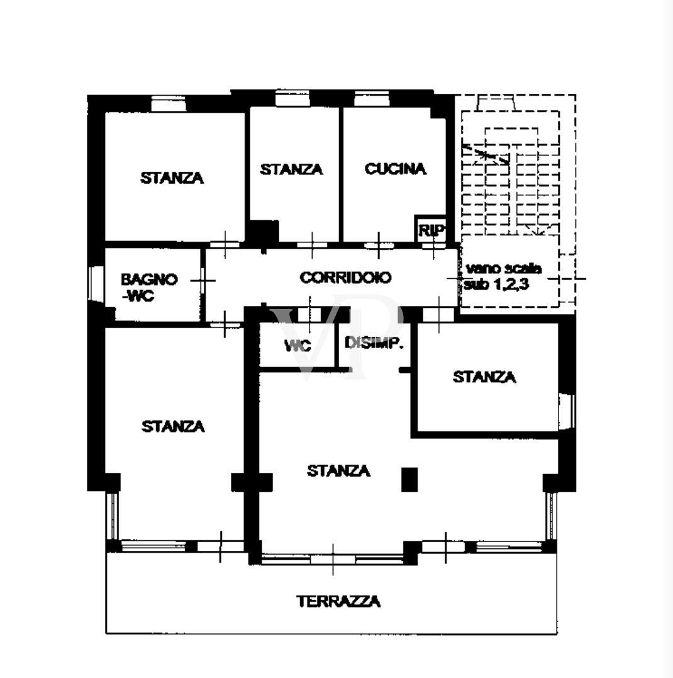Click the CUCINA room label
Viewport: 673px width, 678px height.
coord(395,169)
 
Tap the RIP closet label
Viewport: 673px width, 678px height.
coord(432,230)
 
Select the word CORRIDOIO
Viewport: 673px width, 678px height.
coord(345,277)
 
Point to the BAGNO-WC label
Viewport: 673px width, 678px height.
coord(150,288)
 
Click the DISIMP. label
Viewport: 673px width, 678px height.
coord(374,344)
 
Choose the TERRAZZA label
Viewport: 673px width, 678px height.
coord(338,602)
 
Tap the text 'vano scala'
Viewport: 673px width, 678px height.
coord(504,269)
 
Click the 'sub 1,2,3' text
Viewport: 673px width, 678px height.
coord(496,285)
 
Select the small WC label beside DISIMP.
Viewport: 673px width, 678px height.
coord(298,346)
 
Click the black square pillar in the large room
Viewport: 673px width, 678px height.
coord(409,479)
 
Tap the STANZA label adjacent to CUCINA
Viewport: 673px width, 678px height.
coord(291,169)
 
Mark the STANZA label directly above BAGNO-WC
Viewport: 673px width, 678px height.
coord(172,178)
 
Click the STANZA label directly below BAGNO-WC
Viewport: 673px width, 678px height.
coord(173,426)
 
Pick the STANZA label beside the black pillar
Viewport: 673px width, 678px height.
coord(338,470)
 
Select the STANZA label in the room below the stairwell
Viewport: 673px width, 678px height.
coord(484,377)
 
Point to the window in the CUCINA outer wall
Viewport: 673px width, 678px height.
coord(372,99)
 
